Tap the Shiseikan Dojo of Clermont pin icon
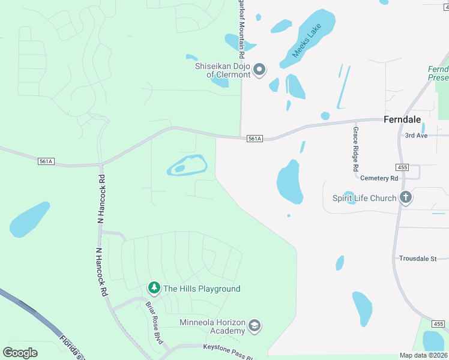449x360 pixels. pyautogui.click(x=259, y=70)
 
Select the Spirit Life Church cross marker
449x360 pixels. pyautogui.click(x=406, y=198)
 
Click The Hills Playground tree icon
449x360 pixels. pyautogui.click(x=154, y=289)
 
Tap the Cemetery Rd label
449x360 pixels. pyautogui.click(x=379, y=178)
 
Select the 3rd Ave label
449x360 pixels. pyautogui.click(x=416, y=136)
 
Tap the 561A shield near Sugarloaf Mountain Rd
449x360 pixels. pyautogui.click(x=255, y=139)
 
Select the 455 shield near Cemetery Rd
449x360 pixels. pyautogui.click(x=402, y=166)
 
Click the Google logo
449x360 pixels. pyautogui.click(x=19, y=352)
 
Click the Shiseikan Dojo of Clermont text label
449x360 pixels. pyautogui.click(x=222, y=70)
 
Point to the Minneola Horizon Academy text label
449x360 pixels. pyautogui.click(x=212, y=326)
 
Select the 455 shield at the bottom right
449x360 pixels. pyautogui.click(x=438, y=324)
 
